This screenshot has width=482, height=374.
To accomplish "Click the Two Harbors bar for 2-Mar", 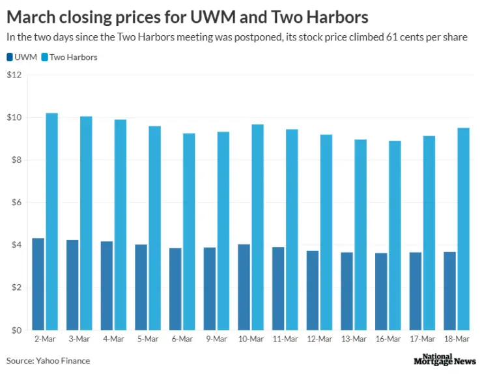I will point(51,222).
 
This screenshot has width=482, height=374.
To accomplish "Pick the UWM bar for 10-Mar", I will point(244,287).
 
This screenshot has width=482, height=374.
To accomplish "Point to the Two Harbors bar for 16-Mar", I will point(395,235).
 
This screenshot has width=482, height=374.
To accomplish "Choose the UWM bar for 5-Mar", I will point(141,287).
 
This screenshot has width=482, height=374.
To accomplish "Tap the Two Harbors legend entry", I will point(68,57).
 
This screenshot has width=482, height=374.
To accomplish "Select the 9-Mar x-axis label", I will point(216,339).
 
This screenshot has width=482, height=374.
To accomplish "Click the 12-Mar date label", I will point(319,339).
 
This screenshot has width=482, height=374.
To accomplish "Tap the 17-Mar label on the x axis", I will point(422,339).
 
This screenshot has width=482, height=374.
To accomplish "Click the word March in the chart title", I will point(34,16).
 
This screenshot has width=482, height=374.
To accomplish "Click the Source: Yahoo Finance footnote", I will point(48,360).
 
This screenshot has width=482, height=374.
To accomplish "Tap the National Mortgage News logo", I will point(444,360).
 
